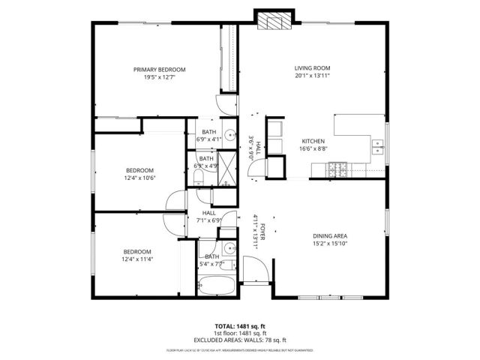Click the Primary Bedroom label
click(159, 70)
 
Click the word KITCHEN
click(313, 141)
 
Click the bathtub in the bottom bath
click(216, 286)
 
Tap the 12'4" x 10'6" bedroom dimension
click(139, 178)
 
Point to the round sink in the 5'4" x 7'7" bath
click(226, 249)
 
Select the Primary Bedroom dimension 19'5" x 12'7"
click(159, 77)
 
